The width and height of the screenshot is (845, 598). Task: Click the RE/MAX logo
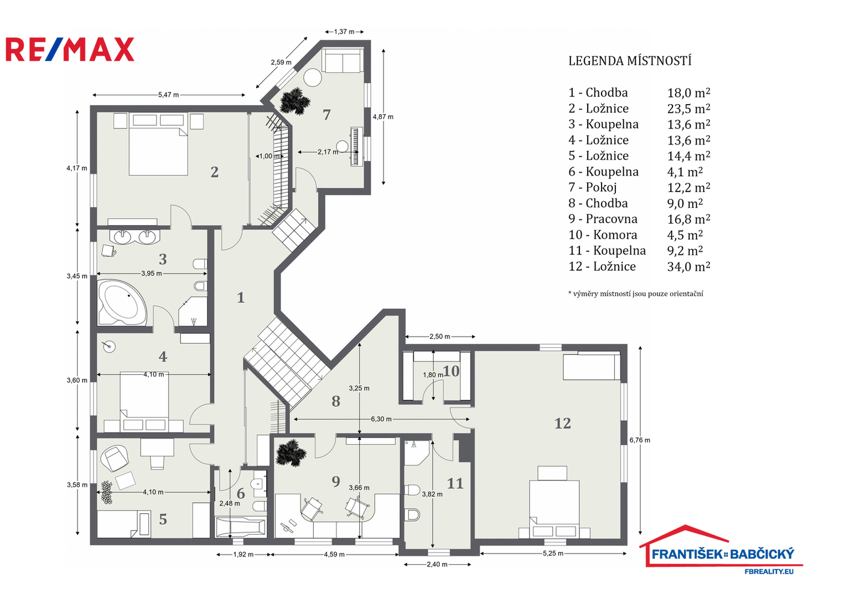(70, 49)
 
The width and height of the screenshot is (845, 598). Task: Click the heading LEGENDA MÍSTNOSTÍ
(630, 61)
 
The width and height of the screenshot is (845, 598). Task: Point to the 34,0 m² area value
(688, 266)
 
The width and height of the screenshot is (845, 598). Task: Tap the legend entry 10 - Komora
(603, 235)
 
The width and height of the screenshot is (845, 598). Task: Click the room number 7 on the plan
(326, 115)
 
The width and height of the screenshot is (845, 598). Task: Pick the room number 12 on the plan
(562, 423)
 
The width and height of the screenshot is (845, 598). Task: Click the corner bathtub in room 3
(122, 302)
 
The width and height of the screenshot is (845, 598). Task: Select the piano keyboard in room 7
(356, 146)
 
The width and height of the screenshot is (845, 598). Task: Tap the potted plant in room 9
(291, 453)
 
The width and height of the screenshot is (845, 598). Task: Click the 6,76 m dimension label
(640, 440)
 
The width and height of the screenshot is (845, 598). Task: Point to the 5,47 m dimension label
(168, 95)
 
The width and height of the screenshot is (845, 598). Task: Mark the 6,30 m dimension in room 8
(381, 419)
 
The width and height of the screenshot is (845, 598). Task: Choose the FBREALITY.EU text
(769, 571)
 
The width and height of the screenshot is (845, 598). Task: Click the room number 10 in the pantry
(451, 371)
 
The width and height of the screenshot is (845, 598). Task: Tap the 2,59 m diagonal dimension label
(281, 62)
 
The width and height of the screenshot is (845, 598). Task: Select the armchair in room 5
(115, 458)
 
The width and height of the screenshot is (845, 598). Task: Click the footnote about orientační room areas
(636, 293)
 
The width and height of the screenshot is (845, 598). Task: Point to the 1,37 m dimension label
(344, 32)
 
